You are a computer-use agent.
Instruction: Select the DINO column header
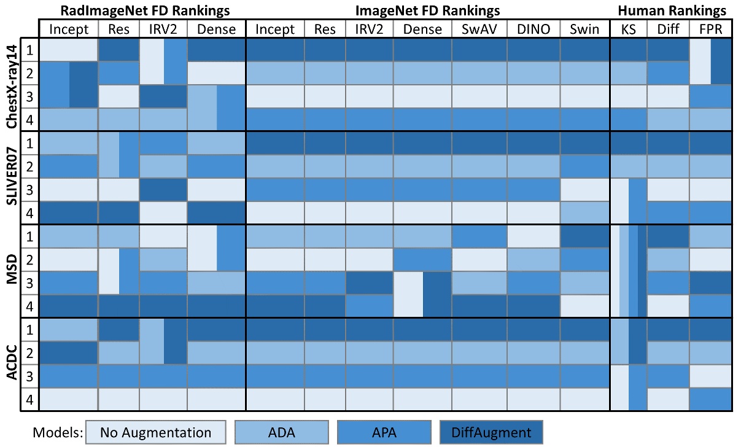533,29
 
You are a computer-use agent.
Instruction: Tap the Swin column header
584,29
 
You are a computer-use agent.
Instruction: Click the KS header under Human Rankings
628,29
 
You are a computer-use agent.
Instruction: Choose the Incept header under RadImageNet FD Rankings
69,29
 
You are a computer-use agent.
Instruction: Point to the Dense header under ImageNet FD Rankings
424,29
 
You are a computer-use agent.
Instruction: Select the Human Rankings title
672,10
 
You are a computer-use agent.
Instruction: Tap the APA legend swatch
385,432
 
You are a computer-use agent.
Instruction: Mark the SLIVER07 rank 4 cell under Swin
584,212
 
